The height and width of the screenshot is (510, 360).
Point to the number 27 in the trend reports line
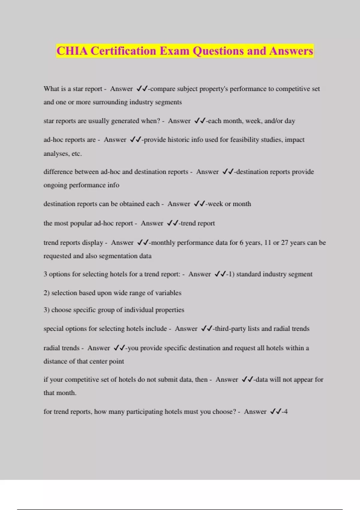coord(284,243)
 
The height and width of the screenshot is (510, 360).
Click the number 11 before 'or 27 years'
coord(268,243)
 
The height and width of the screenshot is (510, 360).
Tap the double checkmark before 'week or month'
coord(199,204)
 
